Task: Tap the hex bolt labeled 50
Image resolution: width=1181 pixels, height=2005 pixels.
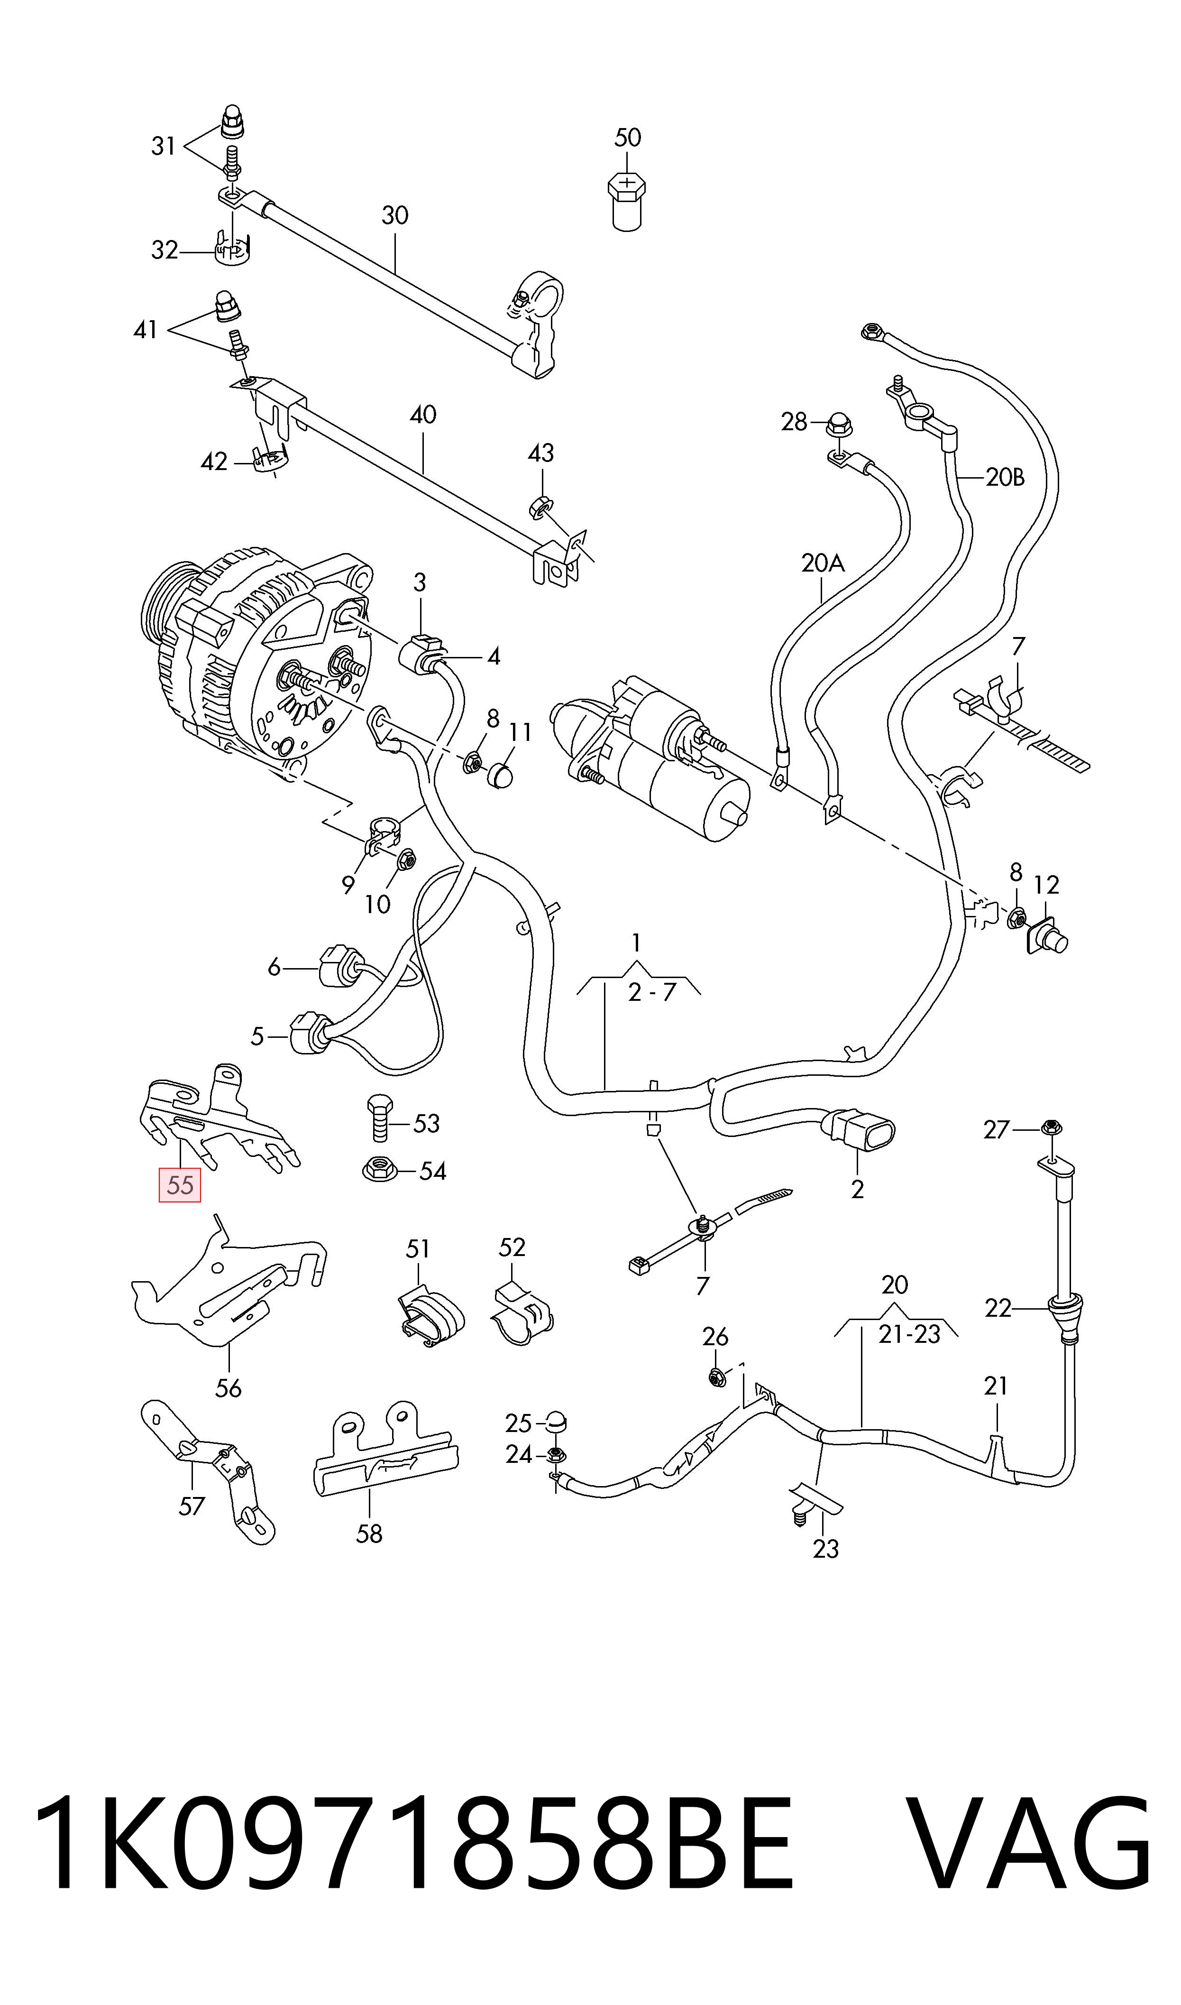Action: tap(627, 202)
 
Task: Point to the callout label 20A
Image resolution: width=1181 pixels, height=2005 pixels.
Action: tap(822, 564)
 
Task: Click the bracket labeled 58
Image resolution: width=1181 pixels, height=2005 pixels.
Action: tap(385, 1450)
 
